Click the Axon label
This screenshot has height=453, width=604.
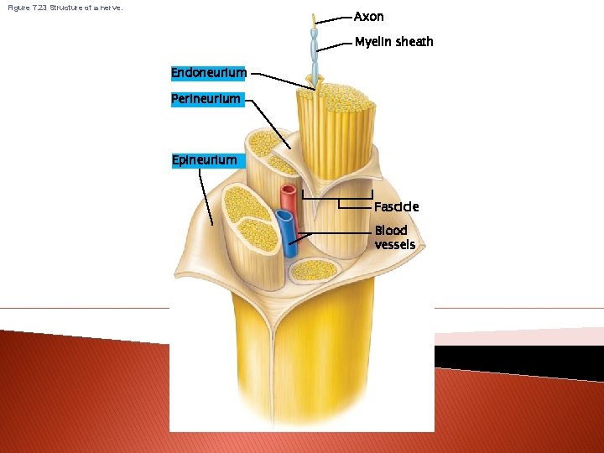click(368, 17)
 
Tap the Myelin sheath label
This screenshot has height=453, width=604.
click(393, 42)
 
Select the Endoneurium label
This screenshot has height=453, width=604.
click(209, 73)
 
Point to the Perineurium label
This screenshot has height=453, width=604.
click(206, 99)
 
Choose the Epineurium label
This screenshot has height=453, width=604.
click(204, 159)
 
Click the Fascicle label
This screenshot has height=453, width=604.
click(396, 206)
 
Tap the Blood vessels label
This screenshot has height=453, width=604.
click(394, 237)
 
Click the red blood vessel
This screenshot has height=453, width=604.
click(289, 198)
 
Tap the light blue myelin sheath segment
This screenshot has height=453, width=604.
click(315, 50)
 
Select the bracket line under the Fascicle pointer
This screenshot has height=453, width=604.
click(336, 200)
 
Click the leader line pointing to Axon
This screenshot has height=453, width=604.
click(334, 17)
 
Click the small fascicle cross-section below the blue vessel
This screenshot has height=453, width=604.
click(315, 270)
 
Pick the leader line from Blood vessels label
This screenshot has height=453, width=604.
click(336, 232)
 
